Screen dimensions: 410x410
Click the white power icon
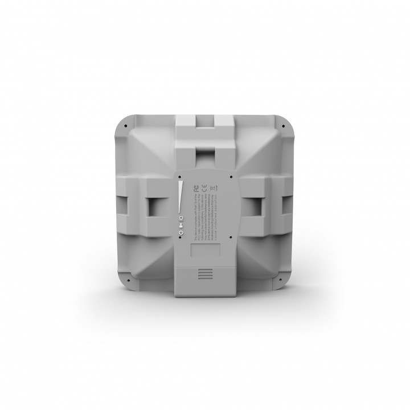(181, 232)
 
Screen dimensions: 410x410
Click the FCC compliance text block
(205, 216)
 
